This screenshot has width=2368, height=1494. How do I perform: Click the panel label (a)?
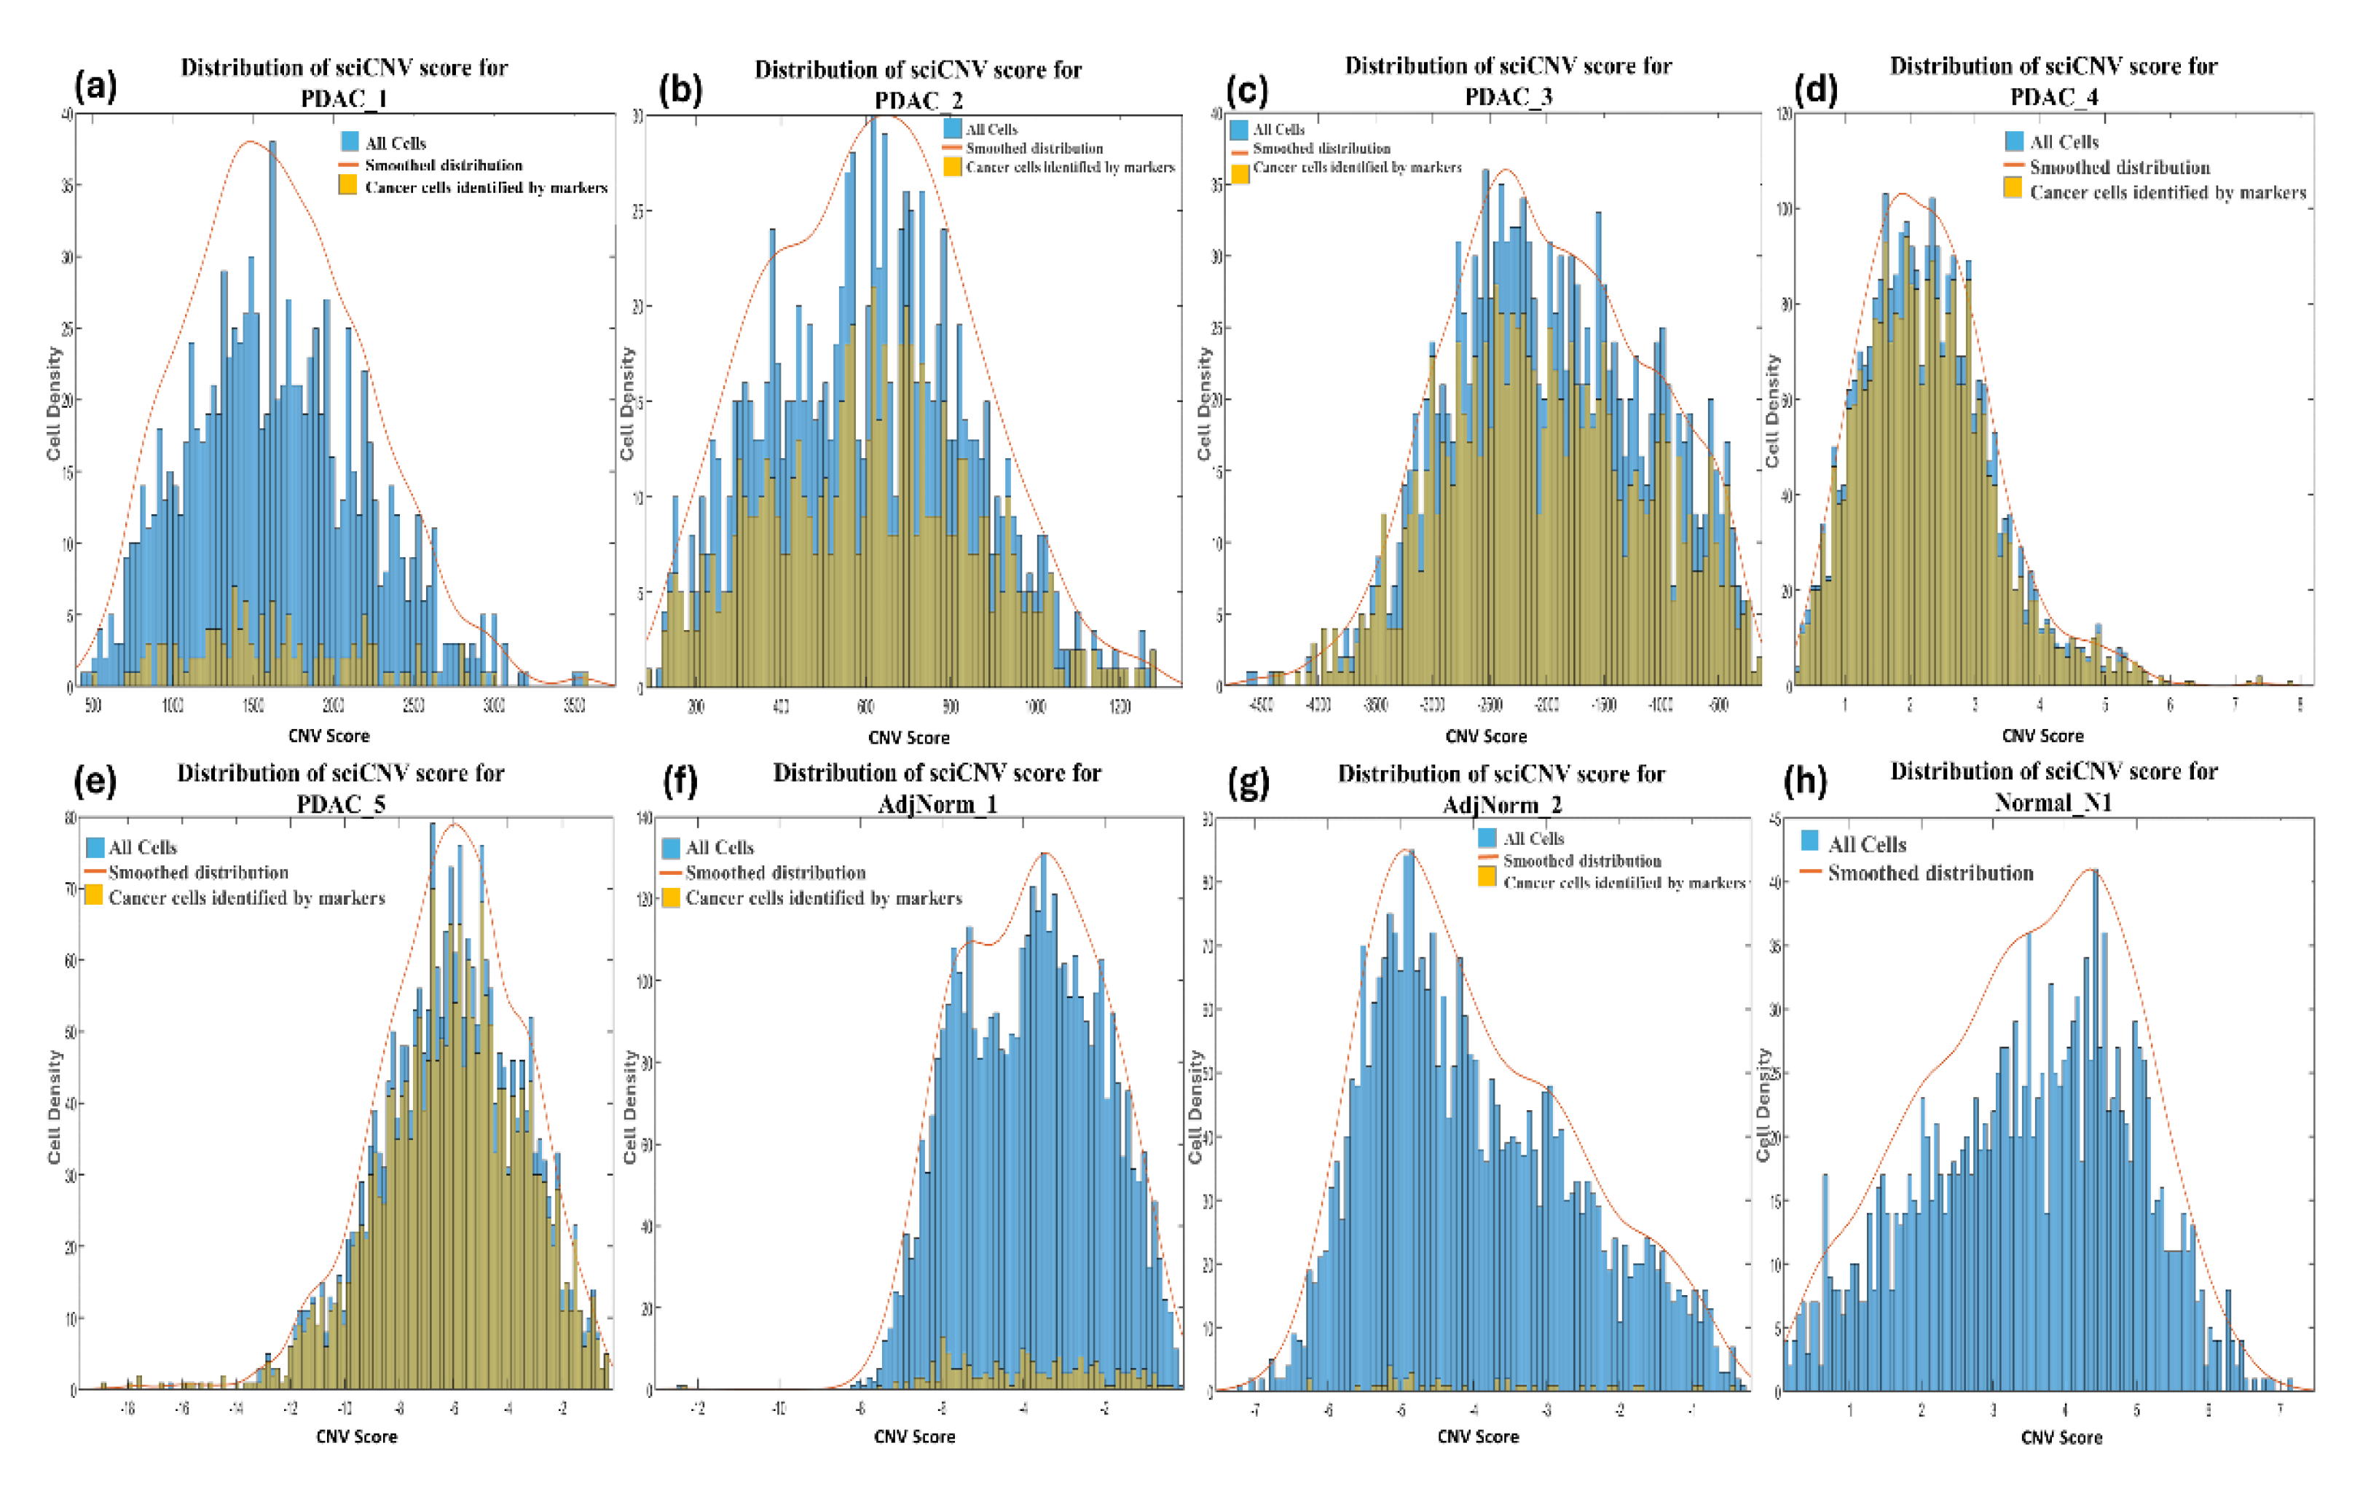tap(95, 87)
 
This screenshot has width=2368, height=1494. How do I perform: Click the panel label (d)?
tap(1815, 90)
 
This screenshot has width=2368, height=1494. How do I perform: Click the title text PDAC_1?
tap(343, 99)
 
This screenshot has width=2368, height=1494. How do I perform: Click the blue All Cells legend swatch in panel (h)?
tap(1809, 841)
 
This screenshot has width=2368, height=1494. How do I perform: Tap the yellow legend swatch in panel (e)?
tap(95, 895)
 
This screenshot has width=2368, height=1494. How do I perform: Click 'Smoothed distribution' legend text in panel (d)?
tap(2119, 168)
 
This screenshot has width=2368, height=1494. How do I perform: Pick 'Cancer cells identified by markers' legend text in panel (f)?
tap(823, 898)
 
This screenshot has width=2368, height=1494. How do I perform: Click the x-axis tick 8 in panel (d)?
tap(2299, 705)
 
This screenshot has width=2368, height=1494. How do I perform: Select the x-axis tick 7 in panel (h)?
tap(2279, 1410)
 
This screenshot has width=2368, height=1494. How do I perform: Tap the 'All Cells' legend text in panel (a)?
tap(396, 143)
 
